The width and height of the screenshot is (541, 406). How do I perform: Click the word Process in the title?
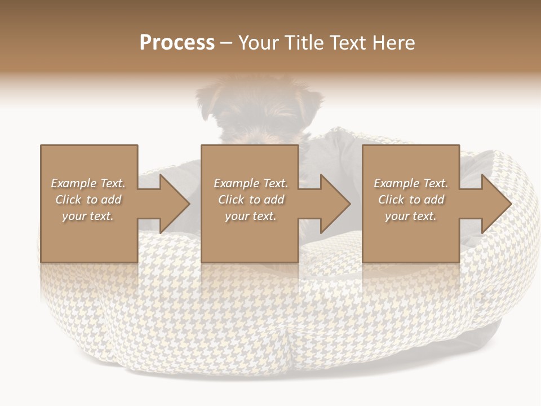point(177,43)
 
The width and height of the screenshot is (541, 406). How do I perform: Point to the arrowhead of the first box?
point(175,204)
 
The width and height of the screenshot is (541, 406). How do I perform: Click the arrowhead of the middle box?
point(335,204)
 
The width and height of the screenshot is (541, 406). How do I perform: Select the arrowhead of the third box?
point(496,204)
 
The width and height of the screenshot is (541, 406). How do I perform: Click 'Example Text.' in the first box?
point(88,183)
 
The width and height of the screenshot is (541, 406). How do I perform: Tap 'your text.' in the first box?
point(88,216)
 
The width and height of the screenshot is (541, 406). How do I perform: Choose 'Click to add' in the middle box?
point(251,200)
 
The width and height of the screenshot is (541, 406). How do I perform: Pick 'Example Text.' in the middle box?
point(251,183)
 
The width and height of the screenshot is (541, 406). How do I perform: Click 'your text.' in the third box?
point(411,216)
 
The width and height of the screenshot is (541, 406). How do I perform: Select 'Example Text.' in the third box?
point(411,183)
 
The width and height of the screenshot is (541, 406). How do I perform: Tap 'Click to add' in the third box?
point(411,200)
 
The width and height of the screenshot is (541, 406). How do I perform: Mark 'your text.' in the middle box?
point(251,216)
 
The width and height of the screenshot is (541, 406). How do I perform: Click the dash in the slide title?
point(227,43)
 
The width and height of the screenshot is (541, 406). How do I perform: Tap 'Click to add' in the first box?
point(88,200)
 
